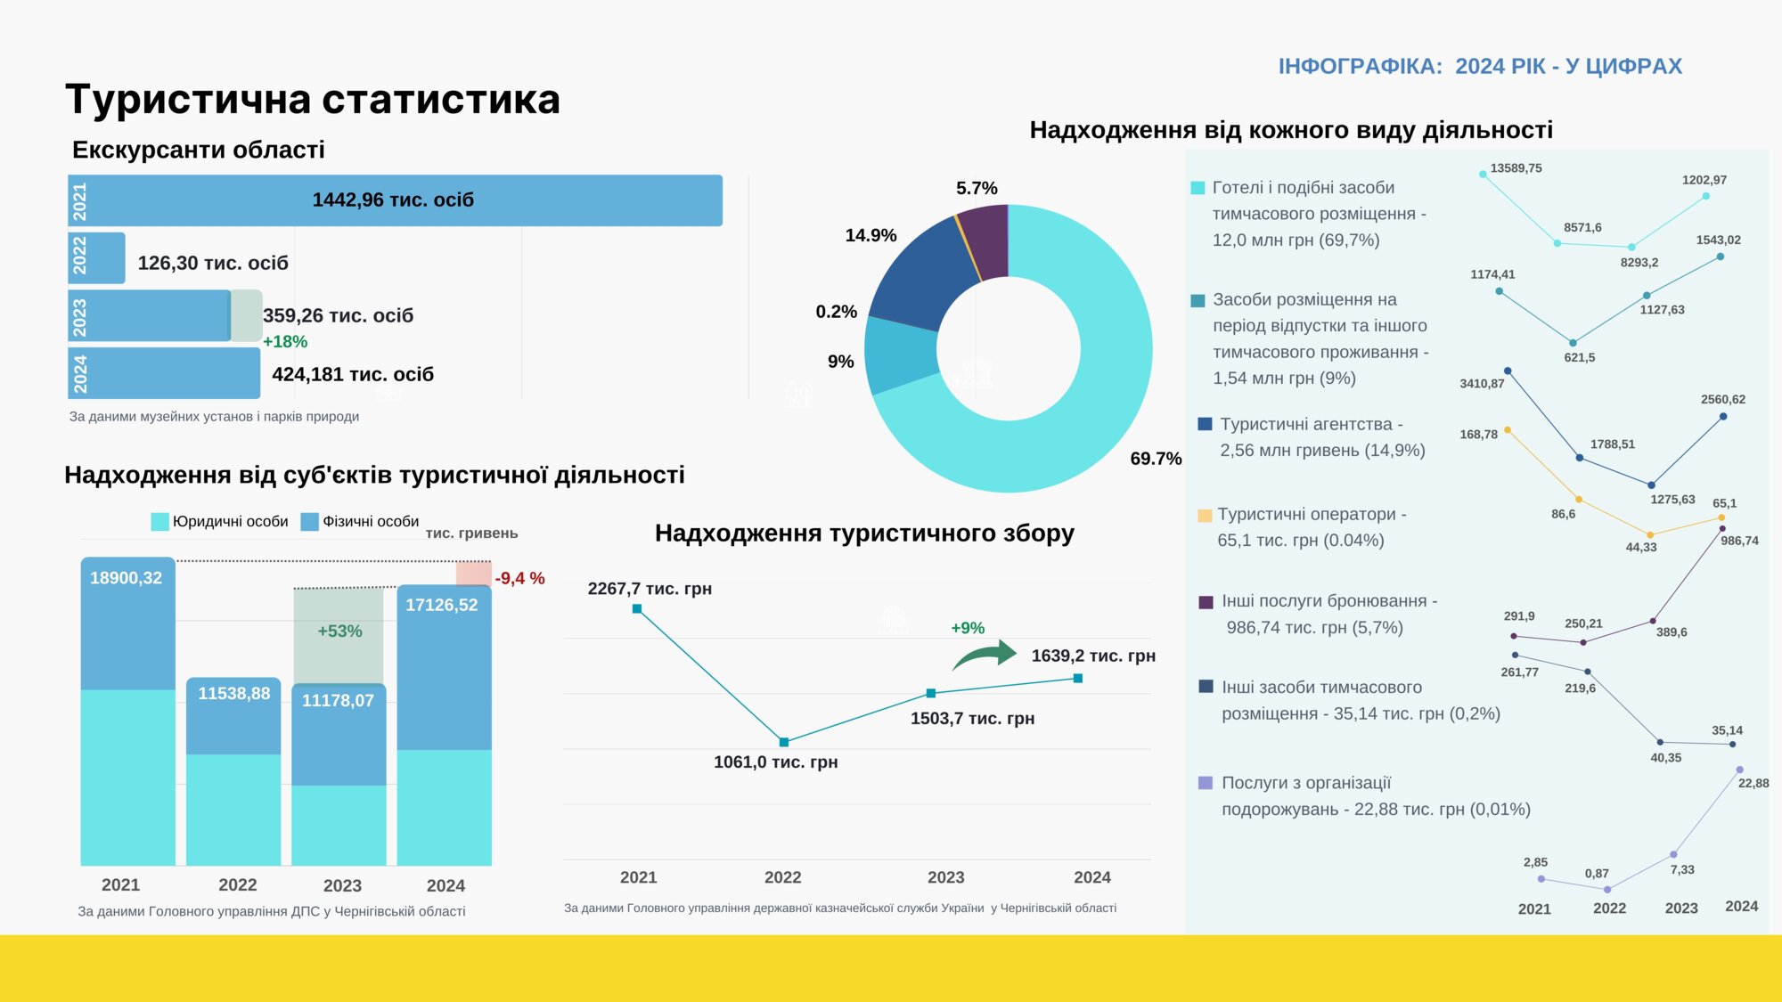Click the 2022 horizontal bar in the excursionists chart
(x=96, y=258)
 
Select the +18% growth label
(x=285, y=342)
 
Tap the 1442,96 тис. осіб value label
(x=393, y=200)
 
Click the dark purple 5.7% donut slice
(x=985, y=239)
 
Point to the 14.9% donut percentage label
(x=871, y=236)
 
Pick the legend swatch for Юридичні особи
(x=160, y=522)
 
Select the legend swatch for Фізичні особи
(x=310, y=522)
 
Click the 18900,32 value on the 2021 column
(x=127, y=578)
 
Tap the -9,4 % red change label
(x=519, y=579)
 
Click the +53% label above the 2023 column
(x=339, y=631)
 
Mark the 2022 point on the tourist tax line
(x=784, y=742)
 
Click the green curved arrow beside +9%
(x=985, y=655)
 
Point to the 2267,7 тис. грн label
(x=650, y=589)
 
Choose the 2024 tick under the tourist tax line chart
(x=1092, y=877)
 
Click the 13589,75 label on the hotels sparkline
(x=1516, y=168)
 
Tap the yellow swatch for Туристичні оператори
(x=1205, y=516)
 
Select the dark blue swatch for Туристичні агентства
(x=1206, y=425)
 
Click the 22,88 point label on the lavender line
(x=1753, y=784)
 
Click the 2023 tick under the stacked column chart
(x=342, y=885)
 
